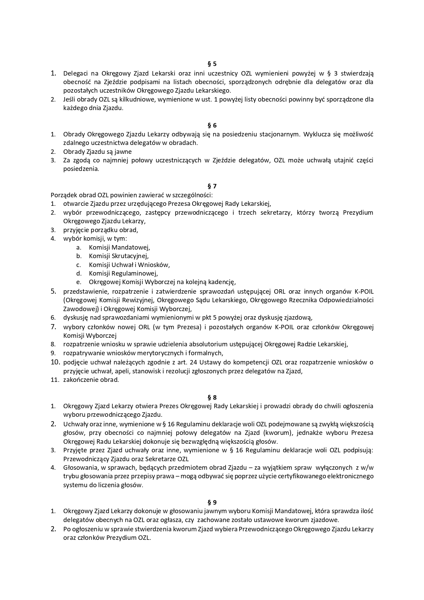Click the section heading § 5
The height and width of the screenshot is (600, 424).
click(x=212, y=64)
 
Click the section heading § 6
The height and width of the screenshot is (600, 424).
click(x=212, y=125)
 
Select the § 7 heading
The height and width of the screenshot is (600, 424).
click(x=212, y=186)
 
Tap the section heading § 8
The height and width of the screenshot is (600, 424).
click(x=212, y=397)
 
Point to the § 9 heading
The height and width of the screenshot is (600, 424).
click(x=212, y=503)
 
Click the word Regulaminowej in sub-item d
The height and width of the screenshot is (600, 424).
click(x=136, y=274)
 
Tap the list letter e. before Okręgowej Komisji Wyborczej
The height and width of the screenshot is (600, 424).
click(x=79, y=282)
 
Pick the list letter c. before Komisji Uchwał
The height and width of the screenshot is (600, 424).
click(x=79, y=265)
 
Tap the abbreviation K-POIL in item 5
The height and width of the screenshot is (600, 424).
click(x=363, y=292)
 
